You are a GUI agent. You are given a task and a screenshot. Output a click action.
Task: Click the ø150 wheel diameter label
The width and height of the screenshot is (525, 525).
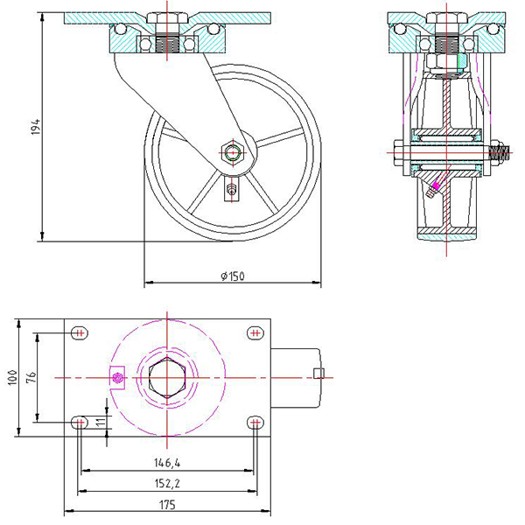(232, 276)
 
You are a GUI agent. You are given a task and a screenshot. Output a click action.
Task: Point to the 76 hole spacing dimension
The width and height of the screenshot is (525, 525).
(31, 377)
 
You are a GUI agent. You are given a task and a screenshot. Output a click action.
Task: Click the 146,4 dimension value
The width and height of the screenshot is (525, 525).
(167, 463)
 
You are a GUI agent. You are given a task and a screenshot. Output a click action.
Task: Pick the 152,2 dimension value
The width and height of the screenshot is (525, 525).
(167, 482)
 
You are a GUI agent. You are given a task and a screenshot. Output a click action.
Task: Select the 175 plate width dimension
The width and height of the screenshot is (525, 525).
(167, 504)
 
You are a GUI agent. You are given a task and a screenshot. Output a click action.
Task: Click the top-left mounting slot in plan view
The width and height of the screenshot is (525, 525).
(80, 332)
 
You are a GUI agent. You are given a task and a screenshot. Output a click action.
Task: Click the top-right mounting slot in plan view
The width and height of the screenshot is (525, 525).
(255, 332)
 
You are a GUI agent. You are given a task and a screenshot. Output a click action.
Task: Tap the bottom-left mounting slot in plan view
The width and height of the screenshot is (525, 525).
(80, 423)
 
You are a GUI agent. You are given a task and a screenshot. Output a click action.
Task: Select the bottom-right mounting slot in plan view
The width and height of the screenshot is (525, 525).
(255, 423)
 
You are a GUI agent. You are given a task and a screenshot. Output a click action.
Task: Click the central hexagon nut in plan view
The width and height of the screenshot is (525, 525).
(166, 377)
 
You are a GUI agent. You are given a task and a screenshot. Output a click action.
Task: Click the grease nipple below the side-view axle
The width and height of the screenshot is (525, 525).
(231, 189)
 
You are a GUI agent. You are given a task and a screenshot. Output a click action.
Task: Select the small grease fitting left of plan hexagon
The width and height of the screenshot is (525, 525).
(119, 378)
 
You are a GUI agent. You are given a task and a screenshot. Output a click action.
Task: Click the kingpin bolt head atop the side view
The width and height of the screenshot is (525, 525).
(167, 17)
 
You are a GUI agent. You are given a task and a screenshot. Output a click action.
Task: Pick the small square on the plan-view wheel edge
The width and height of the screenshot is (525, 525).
(318, 375)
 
